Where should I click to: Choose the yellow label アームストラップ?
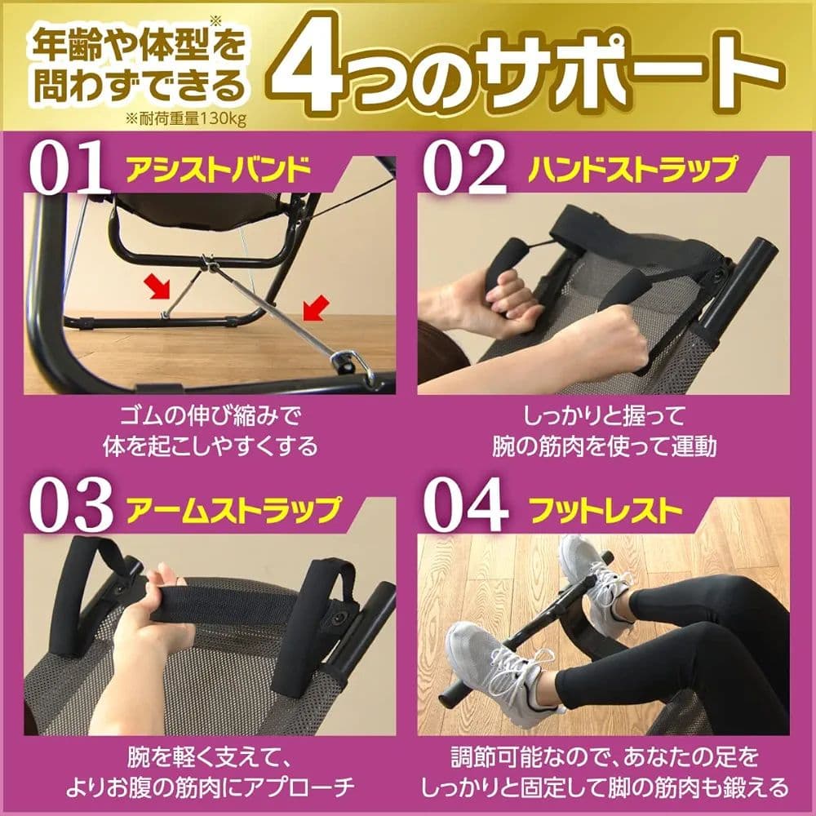tap(231, 510)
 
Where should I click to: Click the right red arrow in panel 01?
tap(313, 308)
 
